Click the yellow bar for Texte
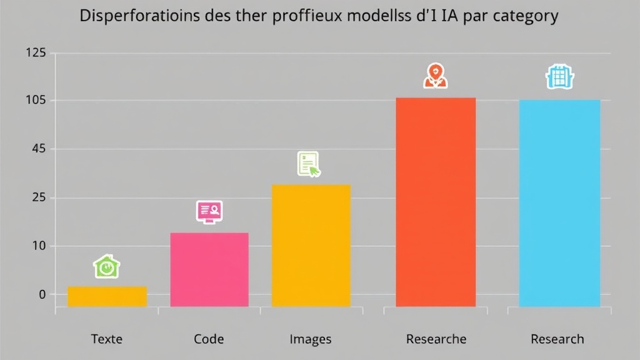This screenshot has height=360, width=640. pos(107,296)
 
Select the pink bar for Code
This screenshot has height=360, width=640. pos(209,269)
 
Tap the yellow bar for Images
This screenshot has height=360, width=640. pos(311,245)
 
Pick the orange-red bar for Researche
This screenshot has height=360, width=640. pos(436,202)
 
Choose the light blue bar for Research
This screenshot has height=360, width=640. pos(559,203)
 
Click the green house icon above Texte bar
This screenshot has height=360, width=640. pos(107,266)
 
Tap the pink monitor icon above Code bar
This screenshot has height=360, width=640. pos(209,212)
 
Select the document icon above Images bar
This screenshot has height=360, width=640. pos(309,164)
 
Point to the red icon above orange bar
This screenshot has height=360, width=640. pos(435,76)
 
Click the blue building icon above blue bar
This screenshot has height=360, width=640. pos(559,77)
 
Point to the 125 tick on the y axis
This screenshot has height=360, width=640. pos(36,54)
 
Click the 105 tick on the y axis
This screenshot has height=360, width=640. pos(36,101)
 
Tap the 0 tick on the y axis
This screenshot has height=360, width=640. pos(42,294)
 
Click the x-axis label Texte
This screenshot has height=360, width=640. pos(107,339)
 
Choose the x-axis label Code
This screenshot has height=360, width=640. pos(209,339)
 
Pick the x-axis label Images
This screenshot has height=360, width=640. pos(311,339)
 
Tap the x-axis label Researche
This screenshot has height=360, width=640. pos(436,339)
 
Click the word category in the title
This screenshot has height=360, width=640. pos(524,17)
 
